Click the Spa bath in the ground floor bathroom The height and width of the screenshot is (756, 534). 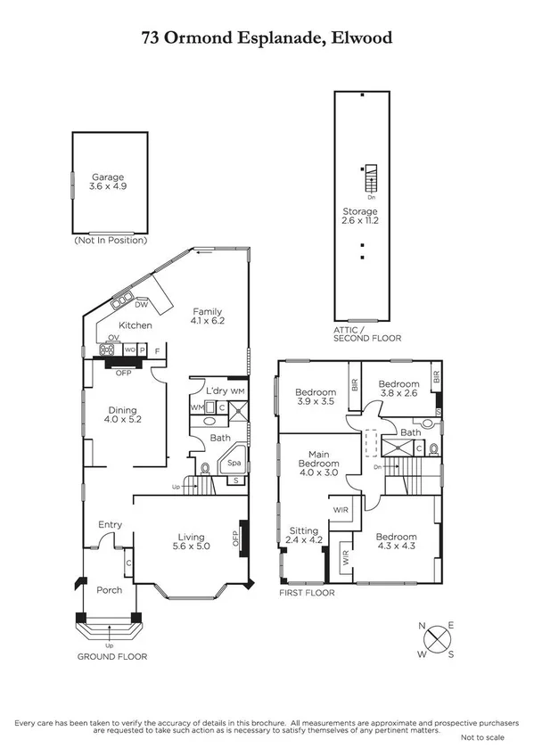pyautogui.click(x=235, y=464)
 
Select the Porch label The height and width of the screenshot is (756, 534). pyautogui.click(x=108, y=588)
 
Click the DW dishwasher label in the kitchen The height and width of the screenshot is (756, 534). pyautogui.click(x=141, y=304)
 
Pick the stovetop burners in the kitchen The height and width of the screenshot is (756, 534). pyautogui.click(x=113, y=349)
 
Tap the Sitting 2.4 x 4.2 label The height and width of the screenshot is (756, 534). pyautogui.click(x=303, y=535)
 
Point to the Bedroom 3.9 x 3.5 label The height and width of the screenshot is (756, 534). pyautogui.click(x=316, y=397)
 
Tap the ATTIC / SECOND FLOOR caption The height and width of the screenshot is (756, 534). pyautogui.click(x=361, y=334)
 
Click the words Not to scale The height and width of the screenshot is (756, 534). pyautogui.click(x=481, y=738)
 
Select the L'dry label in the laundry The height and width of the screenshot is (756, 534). pyautogui.click(x=216, y=391)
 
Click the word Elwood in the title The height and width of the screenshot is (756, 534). pyautogui.click(x=360, y=37)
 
